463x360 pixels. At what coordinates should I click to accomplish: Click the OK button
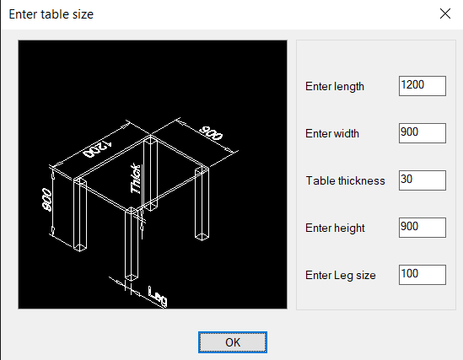[x=233, y=342]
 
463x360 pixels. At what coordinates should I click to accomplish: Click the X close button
[x=445, y=13]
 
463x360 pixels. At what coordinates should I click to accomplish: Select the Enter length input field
[x=423, y=86]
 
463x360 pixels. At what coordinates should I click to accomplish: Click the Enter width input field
[x=423, y=133]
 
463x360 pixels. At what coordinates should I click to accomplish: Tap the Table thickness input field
[x=423, y=180]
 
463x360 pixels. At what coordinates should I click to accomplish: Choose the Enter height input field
[x=423, y=228]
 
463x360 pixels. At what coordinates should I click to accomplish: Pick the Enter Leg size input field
[x=423, y=275]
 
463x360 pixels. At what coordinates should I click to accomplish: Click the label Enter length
[x=335, y=87]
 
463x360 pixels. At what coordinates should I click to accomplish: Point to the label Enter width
[x=332, y=134]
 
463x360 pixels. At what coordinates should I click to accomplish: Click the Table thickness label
[x=345, y=180]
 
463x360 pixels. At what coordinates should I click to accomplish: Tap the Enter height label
[x=335, y=228]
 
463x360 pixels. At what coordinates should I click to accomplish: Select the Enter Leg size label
[x=341, y=276]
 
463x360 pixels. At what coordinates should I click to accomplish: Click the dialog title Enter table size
[x=51, y=14]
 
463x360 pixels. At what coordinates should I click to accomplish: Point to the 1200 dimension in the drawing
[x=97, y=148]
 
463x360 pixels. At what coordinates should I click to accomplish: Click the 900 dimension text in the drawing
[x=211, y=133]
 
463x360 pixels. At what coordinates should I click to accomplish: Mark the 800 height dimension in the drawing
[x=47, y=200]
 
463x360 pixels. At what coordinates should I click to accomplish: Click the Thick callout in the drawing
[x=136, y=179]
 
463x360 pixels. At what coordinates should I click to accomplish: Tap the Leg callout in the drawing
[x=158, y=296]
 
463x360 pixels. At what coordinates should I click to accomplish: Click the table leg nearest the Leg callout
[x=132, y=244]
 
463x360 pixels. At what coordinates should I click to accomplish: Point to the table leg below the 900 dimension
[x=202, y=204]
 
